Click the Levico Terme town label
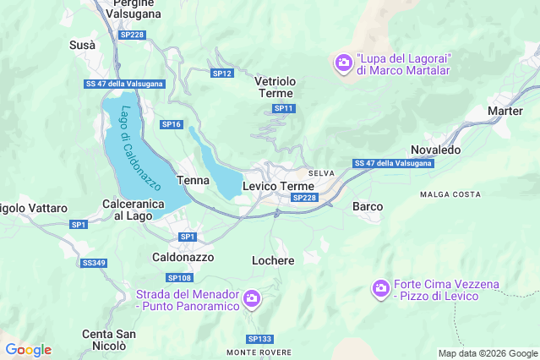pos(278,186)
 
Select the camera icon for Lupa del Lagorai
pos(343,63)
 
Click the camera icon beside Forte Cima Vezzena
pos(381,289)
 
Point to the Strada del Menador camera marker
pos(251,299)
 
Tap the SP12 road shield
pos(221,74)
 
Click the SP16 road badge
pos(172,124)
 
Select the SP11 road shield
pos(284,108)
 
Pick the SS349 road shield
pos(94,263)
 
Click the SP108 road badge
pos(179,278)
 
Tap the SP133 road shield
pos(259,338)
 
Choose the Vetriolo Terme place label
pos(275,87)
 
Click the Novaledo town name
pos(435,150)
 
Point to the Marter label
pos(505,111)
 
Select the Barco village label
pos(368,206)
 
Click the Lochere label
pos(273,260)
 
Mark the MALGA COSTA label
pos(450,194)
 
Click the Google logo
pos(28,350)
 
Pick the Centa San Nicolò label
pos(109,340)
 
